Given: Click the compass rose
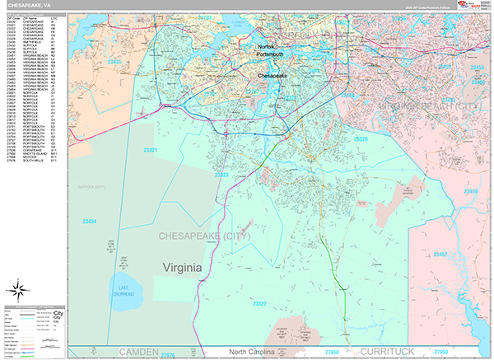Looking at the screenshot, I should point(17,289).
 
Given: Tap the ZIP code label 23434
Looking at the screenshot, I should point(89,222).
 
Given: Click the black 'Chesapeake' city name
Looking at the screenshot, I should point(273,75).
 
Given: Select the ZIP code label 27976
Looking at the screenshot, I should point(169,353).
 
